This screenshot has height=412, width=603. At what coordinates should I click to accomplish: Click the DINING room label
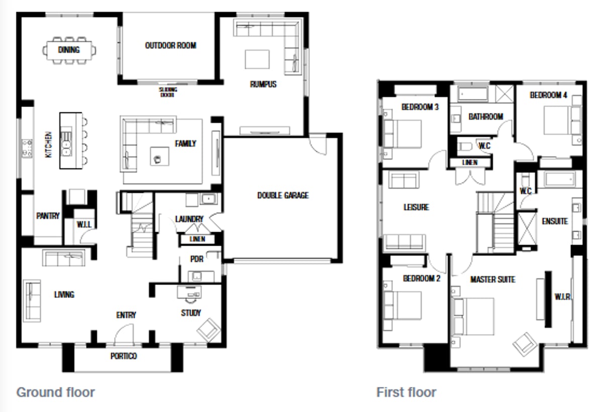coord(69,50)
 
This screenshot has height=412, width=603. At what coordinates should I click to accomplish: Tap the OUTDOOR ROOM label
coord(170,45)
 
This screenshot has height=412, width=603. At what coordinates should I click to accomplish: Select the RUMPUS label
coord(263,84)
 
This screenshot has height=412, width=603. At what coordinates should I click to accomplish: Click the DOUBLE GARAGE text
coord(283,195)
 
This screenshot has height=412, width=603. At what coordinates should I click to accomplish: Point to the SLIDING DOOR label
coord(168,92)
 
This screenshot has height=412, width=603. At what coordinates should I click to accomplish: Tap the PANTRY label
coord(48,216)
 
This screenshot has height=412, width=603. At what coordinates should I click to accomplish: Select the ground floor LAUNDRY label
coord(189,219)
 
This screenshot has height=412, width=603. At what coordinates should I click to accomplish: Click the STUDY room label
coord(191,313)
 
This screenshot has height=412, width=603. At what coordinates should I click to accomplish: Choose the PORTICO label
coord(124,356)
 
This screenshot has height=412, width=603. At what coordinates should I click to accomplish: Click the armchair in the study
coord(208,329)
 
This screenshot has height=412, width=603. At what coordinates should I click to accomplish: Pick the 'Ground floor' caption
coord(55,392)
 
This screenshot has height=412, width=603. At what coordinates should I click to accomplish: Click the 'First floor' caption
coord(406,392)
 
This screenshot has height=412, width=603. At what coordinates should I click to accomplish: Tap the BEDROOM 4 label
coord(548,95)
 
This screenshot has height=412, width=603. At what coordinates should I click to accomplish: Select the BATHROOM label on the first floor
coord(485,117)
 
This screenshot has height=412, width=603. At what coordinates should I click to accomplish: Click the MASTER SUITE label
coord(492,279)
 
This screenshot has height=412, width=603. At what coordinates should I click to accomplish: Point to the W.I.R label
coord(562,296)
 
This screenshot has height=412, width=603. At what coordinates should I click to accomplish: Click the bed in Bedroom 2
coord(403,305)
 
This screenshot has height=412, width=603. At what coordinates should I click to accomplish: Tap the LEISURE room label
coord(416,207)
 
